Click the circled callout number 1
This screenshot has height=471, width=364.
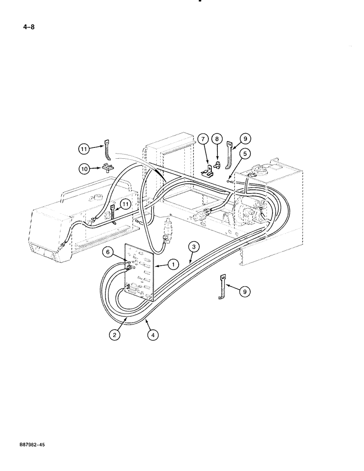(x=173, y=265)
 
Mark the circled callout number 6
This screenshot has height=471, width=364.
(x=109, y=253)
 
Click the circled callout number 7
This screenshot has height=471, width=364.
(x=202, y=139)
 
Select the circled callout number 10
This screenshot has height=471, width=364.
(x=83, y=168)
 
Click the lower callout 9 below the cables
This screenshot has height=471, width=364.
(x=244, y=292)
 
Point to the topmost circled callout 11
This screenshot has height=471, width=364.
(x=84, y=149)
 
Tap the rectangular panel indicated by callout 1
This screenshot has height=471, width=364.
(x=139, y=273)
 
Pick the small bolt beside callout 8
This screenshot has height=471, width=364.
(x=218, y=164)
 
